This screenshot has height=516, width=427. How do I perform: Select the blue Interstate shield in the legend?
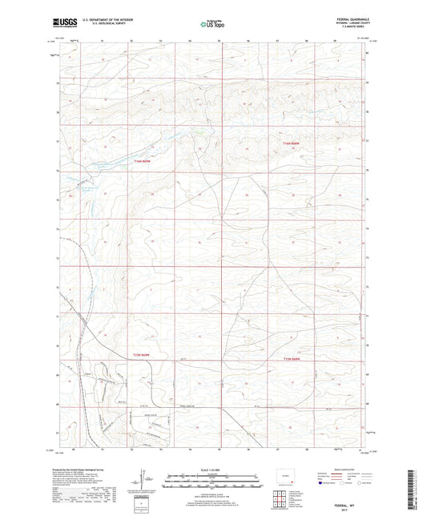pyautogui.click(x=320, y=483)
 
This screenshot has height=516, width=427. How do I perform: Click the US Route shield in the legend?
pyautogui.click(x=342, y=483)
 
